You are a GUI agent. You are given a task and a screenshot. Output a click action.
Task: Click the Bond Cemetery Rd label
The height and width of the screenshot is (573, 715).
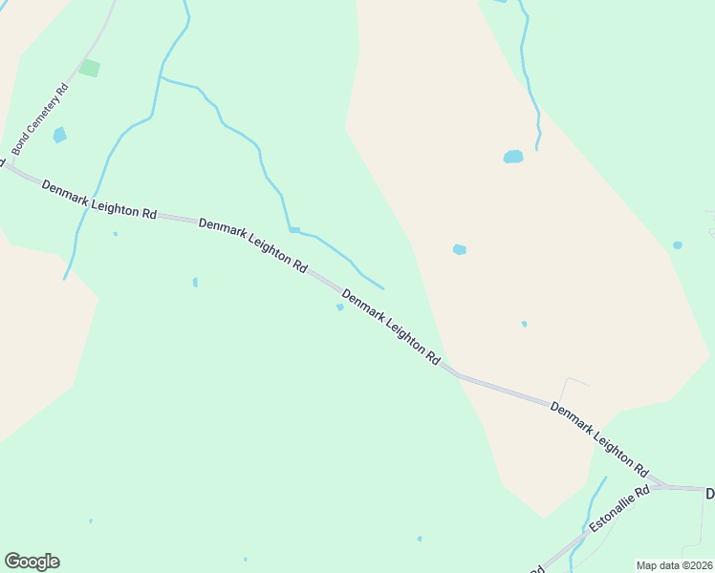(x=41, y=119)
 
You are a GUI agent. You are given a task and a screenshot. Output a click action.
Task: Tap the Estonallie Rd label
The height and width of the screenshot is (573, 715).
(x=619, y=509)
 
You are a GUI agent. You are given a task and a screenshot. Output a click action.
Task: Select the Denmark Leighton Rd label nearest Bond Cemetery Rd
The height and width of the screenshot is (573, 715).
(x=98, y=200)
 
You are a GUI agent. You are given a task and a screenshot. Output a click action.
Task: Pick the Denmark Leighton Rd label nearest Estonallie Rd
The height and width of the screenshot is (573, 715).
(x=600, y=439)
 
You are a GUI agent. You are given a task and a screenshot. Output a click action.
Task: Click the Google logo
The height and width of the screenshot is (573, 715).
(x=32, y=562)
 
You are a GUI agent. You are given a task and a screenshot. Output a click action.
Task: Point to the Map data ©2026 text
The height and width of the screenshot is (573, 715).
(x=674, y=564)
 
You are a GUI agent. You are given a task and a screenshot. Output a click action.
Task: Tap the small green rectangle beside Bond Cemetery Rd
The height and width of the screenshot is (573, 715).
(x=90, y=68)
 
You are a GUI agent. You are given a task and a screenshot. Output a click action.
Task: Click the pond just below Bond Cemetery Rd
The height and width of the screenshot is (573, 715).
(x=60, y=135)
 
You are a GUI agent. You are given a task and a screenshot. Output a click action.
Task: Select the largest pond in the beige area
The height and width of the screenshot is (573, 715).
(x=513, y=157)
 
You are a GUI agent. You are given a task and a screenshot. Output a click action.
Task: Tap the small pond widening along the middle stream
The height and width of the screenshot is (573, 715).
(x=294, y=230)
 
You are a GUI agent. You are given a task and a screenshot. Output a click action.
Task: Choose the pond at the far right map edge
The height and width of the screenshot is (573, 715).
(x=677, y=245)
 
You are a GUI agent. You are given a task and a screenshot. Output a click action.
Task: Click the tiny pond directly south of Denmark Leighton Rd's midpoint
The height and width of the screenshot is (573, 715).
(x=339, y=308)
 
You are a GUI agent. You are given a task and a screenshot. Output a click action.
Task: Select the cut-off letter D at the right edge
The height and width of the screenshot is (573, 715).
(x=710, y=494)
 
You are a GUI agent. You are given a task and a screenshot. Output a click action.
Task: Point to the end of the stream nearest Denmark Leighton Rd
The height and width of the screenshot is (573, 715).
(x=382, y=287)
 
